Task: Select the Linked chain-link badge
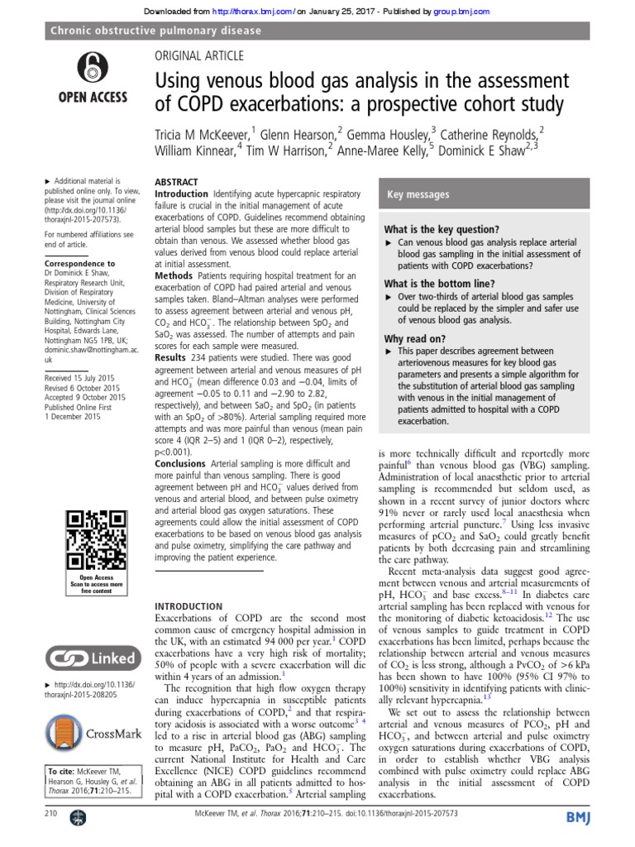[x=91, y=658]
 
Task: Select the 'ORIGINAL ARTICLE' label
[x=199, y=56]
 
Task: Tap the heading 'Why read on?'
[x=415, y=339]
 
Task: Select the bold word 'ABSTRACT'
[x=177, y=181]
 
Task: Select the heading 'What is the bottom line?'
[x=446, y=284]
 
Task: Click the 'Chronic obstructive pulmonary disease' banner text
[x=155, y=31]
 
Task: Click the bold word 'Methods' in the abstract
[x=174, y=275]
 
